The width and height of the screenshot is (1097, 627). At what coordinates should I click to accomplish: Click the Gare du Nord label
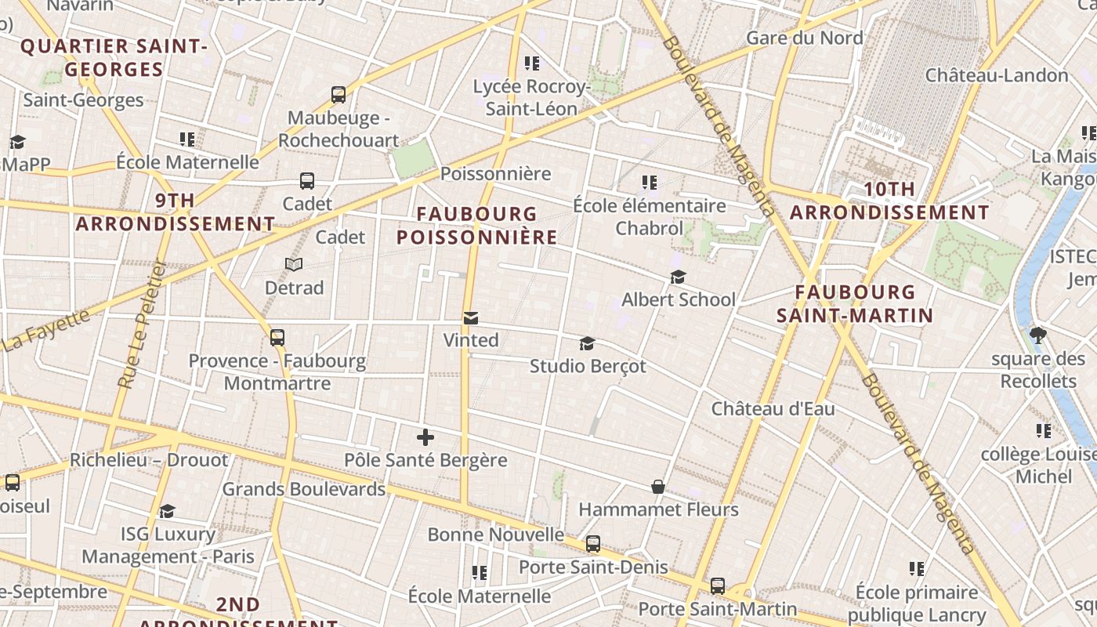tap(805, 38)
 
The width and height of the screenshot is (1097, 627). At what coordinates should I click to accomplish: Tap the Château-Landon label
tap(997, 75)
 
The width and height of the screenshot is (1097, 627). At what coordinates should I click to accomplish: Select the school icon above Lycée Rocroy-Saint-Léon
tap(532, 63)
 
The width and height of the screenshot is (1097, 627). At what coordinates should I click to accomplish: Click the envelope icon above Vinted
tap(470, 318)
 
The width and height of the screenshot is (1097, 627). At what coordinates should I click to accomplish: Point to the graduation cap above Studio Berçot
tap(587, 343)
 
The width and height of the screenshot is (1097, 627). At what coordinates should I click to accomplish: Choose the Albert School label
tap(679, 299)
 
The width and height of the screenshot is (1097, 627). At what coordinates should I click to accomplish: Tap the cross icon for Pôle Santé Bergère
tap(425, 437)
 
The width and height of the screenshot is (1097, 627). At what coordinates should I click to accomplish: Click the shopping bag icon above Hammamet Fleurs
tap(658, 487)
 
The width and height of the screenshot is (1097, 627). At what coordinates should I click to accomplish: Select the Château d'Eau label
tap(773, 408)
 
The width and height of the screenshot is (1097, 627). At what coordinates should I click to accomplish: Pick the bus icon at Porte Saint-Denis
tap(593, 544)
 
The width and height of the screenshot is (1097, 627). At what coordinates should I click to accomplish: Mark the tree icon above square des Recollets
tap(1038, 336)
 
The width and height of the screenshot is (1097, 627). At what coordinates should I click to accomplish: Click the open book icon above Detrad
tap(294, 265)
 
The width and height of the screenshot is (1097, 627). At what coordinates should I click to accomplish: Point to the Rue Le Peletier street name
tap(142, 324)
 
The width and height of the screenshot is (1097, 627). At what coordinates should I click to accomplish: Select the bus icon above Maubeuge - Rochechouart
tap(339, 95)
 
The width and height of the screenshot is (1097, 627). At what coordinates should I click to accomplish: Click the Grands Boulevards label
tap(304, 489)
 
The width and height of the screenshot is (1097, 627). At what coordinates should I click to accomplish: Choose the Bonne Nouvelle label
tap(495, 535)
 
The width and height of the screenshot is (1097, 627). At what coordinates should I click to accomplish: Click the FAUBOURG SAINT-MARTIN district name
tap(854, 304)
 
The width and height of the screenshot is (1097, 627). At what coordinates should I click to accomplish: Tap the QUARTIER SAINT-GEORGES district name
tap(114, 57)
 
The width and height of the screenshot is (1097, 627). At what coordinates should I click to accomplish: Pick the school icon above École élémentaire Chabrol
tap(649, 183)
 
